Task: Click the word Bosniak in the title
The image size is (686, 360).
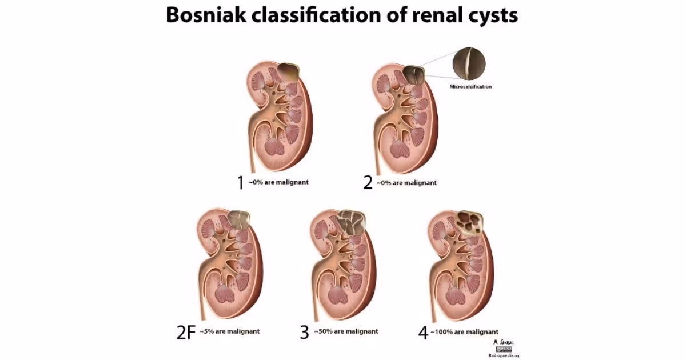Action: [200, 15]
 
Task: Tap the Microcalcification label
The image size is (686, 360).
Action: [470, 87]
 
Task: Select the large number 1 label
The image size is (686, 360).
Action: [241, 183]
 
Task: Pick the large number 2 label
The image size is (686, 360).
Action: [368, 183]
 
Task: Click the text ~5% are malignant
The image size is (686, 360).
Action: [229, 331]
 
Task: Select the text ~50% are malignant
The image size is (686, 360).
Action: [346, 331]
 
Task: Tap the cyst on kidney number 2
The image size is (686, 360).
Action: [413, 75]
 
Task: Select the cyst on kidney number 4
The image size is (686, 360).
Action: [470, 222]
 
